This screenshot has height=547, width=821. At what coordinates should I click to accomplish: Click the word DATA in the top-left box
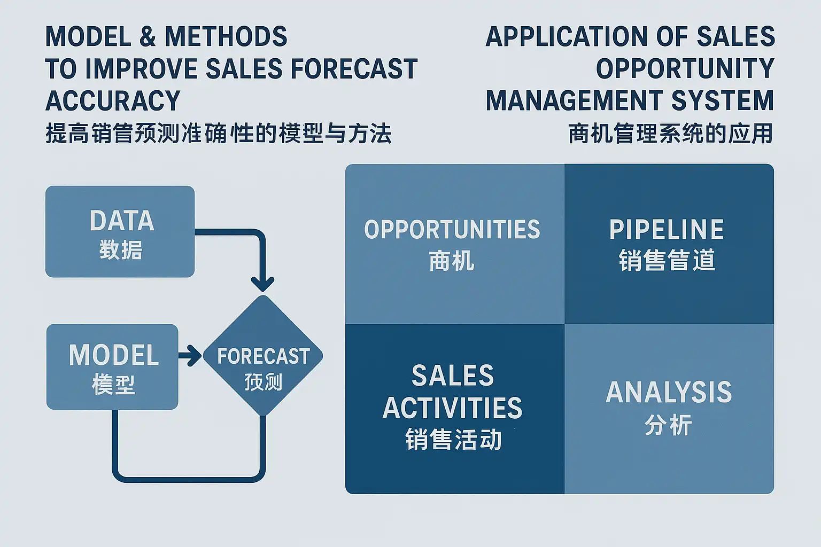click(x=122, y=221)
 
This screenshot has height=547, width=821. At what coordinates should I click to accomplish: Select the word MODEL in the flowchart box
click(x=114, y=355)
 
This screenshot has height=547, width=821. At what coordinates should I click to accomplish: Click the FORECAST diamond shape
click(x=263, y=355)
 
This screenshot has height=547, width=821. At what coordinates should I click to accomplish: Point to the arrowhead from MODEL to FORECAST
click(x=194, y=355)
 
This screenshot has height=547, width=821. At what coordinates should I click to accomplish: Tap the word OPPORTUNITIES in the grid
click(x=452, y=229)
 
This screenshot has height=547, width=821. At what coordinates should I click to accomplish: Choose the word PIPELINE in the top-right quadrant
click(x=667, y=229)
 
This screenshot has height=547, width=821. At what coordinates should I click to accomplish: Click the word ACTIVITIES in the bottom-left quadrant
click(x=452, y=408)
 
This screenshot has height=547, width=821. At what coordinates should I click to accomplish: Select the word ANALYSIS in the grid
click(x=669, y=392)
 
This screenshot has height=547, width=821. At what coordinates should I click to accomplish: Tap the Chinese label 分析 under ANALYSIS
click(x=669, y=425)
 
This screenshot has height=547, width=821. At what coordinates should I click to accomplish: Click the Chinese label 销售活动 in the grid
click(x=453, y=439)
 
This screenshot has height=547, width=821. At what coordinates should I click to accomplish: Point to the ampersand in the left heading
click(x=148, y=36)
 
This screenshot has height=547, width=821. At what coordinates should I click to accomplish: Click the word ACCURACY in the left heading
click(x=113, y=100)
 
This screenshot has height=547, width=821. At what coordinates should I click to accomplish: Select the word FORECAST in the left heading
click(x=354, y=68)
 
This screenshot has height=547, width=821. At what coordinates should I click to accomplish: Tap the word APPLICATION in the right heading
click(x=566, y=36)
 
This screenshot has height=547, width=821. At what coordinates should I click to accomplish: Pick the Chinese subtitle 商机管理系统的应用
click(x=671, y=133)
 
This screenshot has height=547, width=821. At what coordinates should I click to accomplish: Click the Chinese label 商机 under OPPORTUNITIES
click(x=452, y=261)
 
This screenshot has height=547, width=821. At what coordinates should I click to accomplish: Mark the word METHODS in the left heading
click(x=226, y=36)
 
